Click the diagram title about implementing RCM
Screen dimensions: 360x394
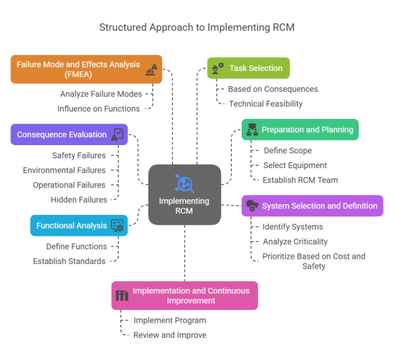(x=197, y=27)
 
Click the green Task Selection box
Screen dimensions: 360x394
(x=248, y=68)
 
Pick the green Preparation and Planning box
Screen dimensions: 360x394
(x=299, y=130)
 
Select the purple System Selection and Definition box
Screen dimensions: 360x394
(x=312, y=206)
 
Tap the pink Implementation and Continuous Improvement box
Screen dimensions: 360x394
(x=184, y=295)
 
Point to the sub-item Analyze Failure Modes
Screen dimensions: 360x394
(x=101, y=94)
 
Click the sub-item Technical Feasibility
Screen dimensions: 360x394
(x=265, y=104)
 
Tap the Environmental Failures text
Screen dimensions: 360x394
(x=64, y=170)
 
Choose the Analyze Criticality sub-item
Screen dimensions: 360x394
(x=295, y=242)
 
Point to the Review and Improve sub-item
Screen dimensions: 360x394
(x=169, y=335)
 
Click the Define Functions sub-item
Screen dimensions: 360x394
(x=76, y=246)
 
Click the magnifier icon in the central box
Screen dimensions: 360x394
(x=184, y=182)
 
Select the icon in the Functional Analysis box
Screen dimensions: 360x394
(x=118, y=225)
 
